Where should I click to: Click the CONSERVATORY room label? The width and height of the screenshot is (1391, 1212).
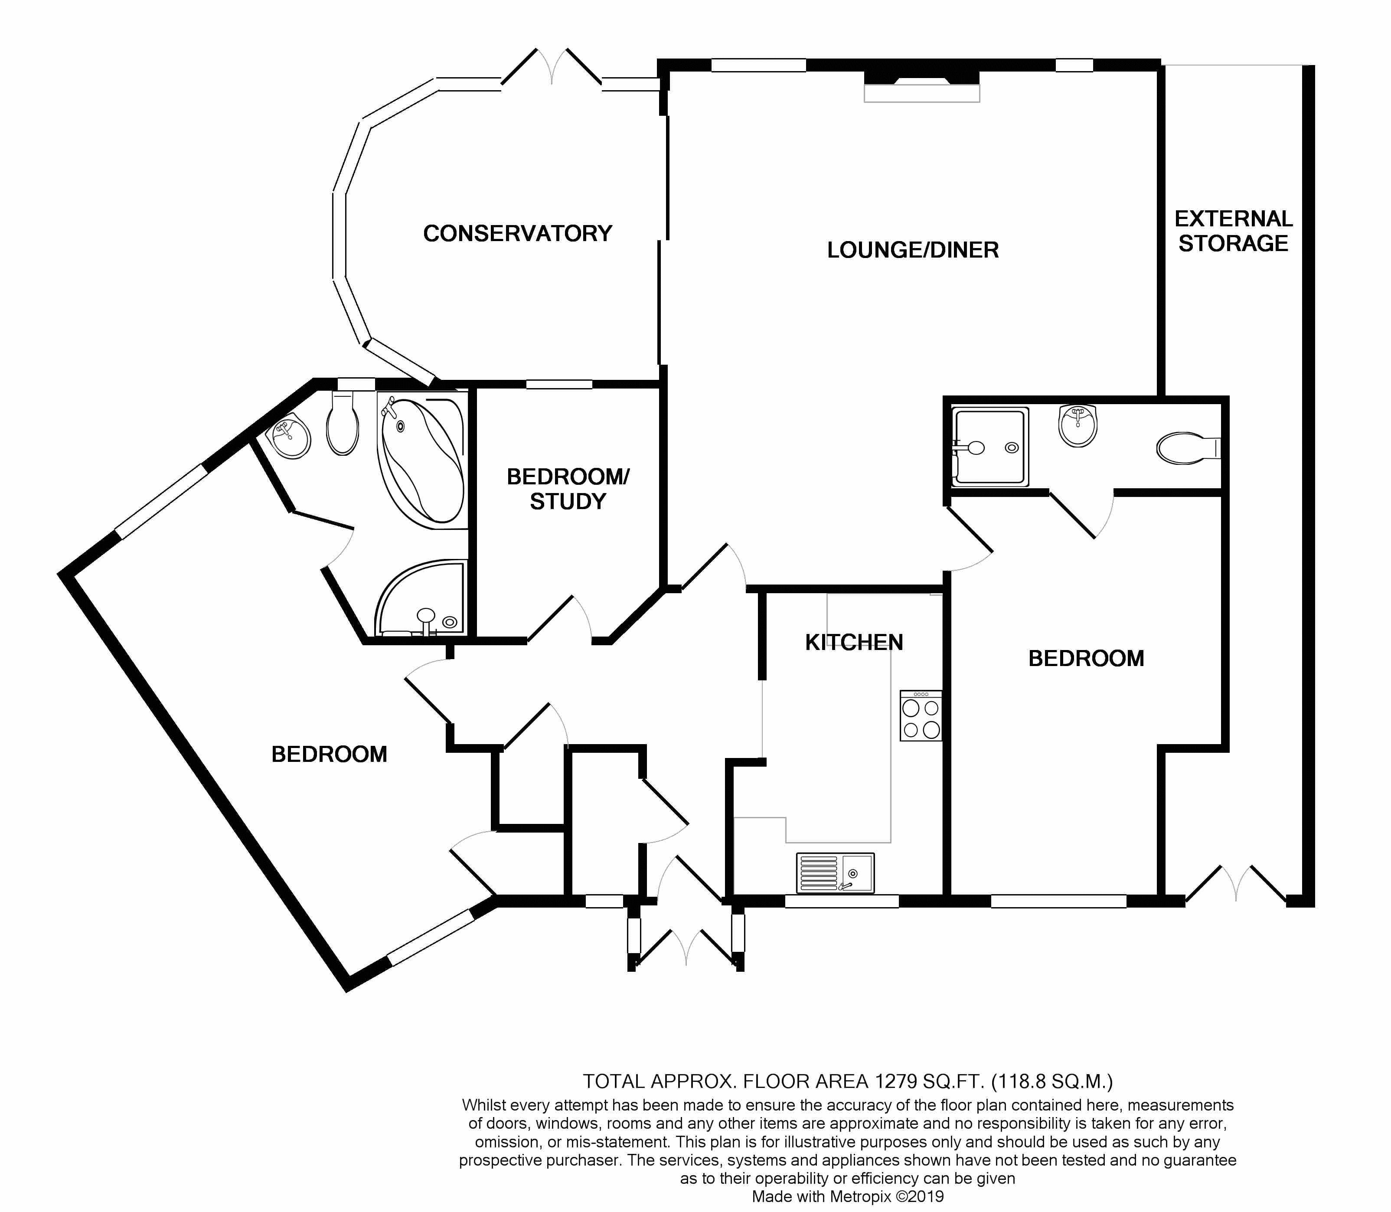tap(517, 233)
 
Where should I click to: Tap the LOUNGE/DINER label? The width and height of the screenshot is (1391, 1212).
tap(913, 250)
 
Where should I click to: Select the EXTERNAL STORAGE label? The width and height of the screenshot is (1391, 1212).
tap(1234, 231)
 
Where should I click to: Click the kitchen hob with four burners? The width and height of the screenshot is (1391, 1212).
tap(921, 715)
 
